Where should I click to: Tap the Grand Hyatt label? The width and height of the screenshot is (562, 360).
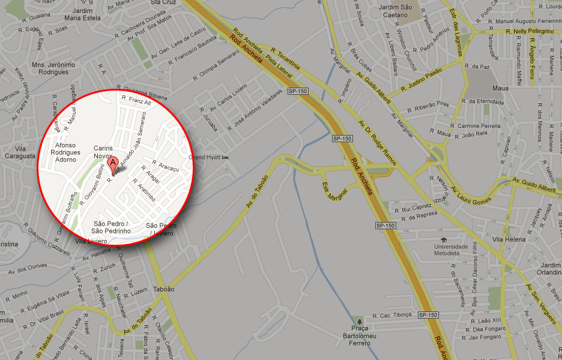pyautogui.click(x=205, y=157)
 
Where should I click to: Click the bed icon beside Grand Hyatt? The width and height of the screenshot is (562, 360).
pyautogui.click(x=226, y=157)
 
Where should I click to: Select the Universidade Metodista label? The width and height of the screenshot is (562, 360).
pyautogui.click(x=452, y=250)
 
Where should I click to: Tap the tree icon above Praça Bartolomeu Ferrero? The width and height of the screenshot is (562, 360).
pyautogui.click(x=359, y=319)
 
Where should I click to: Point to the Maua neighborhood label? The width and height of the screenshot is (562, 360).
pyautogui.click(x=500, y=88)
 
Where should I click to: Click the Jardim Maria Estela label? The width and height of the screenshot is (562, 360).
pyautogui.click(x=86, y=15)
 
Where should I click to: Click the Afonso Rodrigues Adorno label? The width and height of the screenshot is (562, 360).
pyautogui.click(x=65, y=152)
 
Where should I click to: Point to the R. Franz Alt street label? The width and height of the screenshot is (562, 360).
pyautogui.click(x=137, y=103)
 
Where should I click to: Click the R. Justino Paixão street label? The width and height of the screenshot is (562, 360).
pyautogui.click(x=421, y=82)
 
